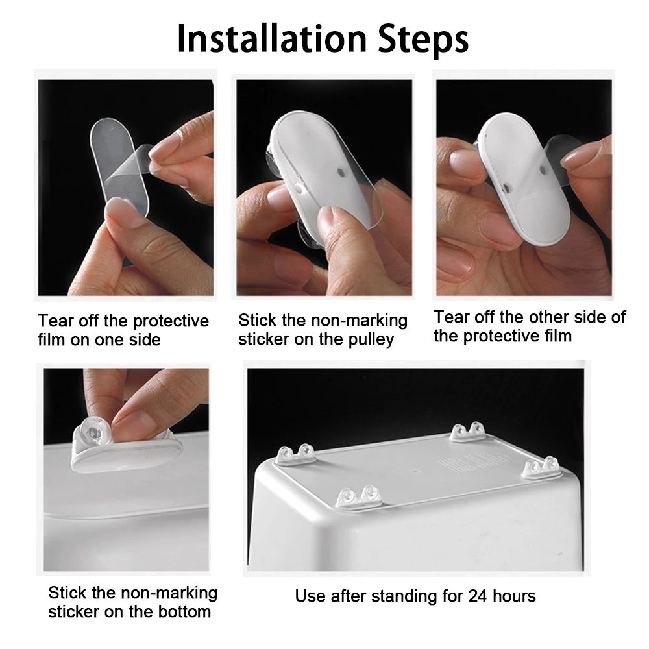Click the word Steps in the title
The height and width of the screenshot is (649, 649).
423,40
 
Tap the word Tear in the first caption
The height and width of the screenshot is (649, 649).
56,321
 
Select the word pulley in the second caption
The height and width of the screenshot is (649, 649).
371,340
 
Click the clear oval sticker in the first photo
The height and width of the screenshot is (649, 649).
119,167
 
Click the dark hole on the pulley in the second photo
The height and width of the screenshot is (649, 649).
341,171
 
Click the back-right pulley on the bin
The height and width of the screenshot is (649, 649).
468,432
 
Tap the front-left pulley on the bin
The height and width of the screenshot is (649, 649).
359,496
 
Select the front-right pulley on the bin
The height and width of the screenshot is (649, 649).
541,467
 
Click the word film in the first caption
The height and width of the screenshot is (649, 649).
51,340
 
